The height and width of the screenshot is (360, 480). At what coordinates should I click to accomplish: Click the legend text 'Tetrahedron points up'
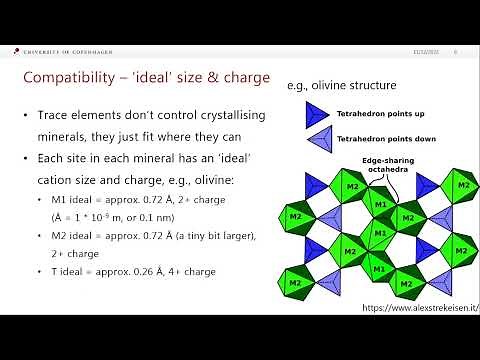pyautogui.click(x=377, y=115)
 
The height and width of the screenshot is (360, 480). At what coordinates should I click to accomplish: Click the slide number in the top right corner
pyautogui.click(x=456, y=53)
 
